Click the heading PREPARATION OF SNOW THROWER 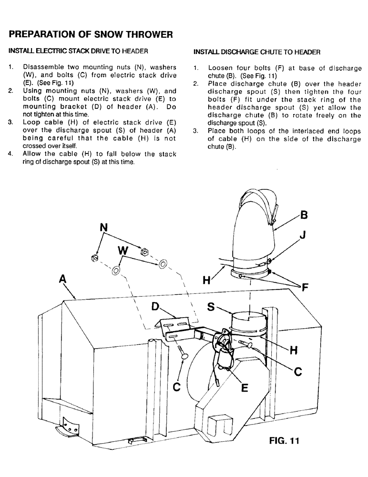pos(87,34)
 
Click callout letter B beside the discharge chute pos(304,216)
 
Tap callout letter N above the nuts pos(102,228)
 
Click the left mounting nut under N pos(94,258)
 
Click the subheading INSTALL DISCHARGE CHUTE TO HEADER pos(257,52)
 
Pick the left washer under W pos(116,270)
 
